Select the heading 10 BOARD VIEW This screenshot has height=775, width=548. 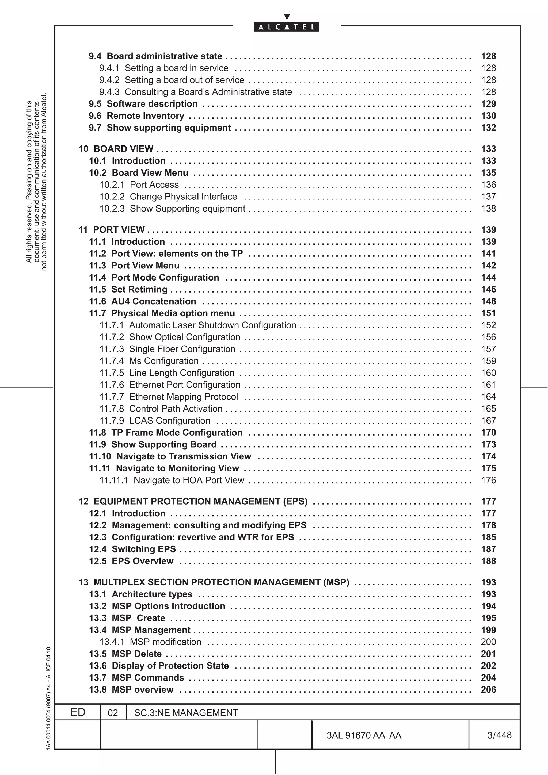point(116,149)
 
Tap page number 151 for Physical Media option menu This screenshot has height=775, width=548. point(488,313)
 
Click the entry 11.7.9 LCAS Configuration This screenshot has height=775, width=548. point(155,421)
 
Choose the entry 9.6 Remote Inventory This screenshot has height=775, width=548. point(136,116)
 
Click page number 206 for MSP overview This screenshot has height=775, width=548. point(488,690)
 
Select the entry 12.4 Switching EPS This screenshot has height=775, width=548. point(132,549)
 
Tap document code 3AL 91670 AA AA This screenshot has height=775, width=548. point(364,735)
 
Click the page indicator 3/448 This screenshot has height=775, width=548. point(499,735)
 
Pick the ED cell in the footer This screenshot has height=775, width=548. point(78,712)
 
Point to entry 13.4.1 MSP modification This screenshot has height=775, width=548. point(150,642)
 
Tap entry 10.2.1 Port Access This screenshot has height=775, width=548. point(139,185)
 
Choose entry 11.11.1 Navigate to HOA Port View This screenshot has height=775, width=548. point(172,480)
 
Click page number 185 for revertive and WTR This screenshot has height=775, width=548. point(488,537)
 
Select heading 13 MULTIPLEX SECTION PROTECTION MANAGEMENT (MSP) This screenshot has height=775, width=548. point(214,582)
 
